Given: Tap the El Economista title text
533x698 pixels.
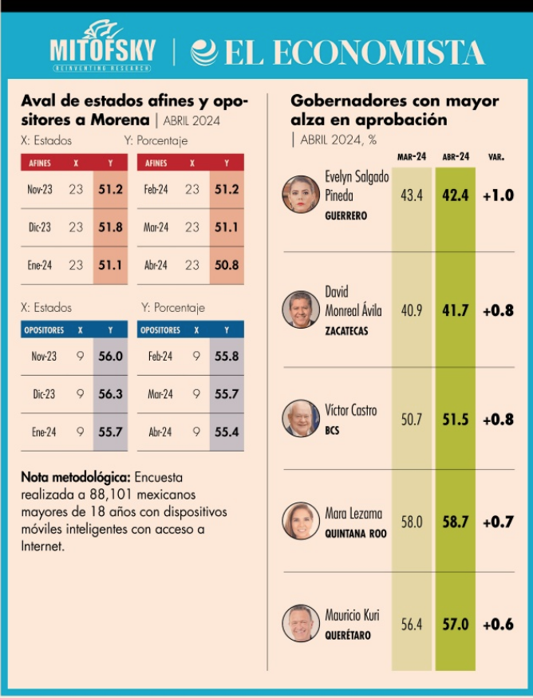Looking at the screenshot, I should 339,53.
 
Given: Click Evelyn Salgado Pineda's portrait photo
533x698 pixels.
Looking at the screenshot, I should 301,194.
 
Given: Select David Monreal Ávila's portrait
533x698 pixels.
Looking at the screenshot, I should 301,310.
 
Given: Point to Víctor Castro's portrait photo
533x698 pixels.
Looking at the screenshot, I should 301,418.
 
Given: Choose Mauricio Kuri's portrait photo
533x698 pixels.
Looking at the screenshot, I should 301,624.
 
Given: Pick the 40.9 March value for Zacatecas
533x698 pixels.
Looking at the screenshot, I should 412,310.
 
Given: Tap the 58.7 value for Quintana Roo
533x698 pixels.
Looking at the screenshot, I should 456,523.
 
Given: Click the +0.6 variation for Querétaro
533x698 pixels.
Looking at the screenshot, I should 498,625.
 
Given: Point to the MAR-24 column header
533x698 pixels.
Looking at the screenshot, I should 411,157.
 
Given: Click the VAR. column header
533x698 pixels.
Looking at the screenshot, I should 495,157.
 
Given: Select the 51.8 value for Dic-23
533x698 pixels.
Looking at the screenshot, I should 110,227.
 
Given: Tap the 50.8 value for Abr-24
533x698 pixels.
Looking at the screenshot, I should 227,265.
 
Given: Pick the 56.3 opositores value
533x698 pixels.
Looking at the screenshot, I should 109,394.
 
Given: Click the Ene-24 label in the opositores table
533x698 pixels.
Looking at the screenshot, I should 40,432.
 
